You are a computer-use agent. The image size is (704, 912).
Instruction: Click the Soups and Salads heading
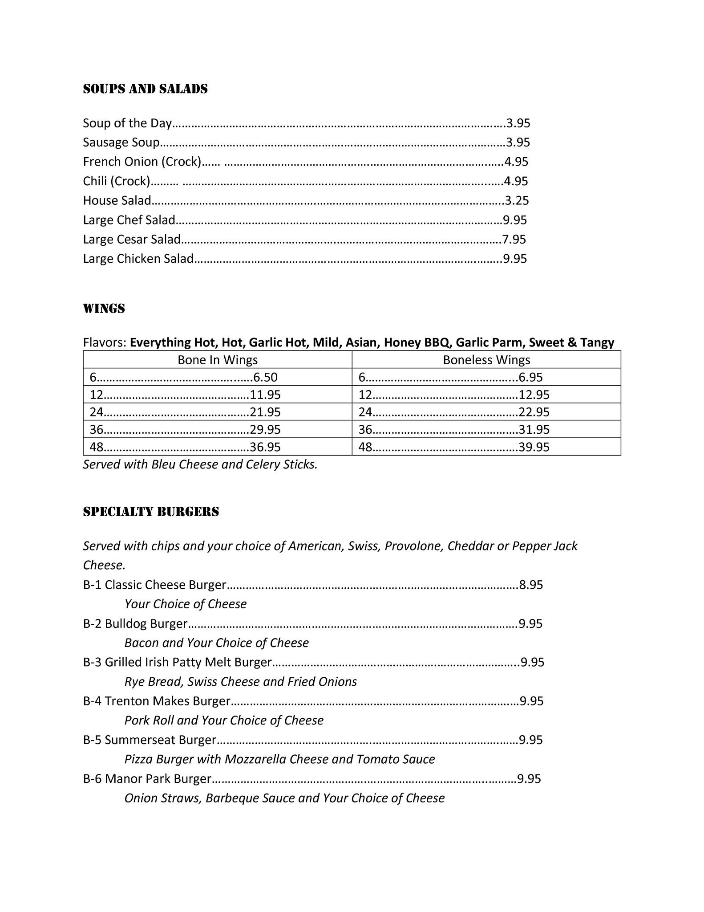pyautogui.click(x=145, y=89)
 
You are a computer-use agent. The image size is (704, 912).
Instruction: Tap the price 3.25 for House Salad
pyautogui.click(x=517, y=201)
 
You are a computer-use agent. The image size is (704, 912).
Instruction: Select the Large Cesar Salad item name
pyautogui.click(x=132, y=240)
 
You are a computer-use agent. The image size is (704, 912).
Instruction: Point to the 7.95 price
pyautogui.click(x=514, y=240)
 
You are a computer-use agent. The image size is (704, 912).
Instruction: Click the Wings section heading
pyautogui.click(x=104, y=309)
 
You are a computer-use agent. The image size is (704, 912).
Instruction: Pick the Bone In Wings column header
pyautogui.click(x=218, y=360)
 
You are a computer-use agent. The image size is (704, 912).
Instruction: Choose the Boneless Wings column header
pyautogui.click(x=486, y=360)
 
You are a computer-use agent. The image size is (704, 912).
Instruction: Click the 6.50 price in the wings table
pyautogui.click(x=265, y=378)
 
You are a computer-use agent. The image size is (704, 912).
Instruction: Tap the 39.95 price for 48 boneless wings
pyautogui.click(x=534, y=447)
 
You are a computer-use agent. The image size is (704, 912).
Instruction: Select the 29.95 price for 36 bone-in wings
pyautogui.click(x=265, y=430)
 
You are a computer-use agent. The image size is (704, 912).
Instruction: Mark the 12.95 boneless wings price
pyautogui.click(x=534, y=395)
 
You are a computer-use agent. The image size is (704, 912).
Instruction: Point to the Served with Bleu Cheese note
pyautogui.click(x=200, y=464)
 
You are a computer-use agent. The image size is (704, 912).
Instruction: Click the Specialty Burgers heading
pyautogui.click(x=151, y=512)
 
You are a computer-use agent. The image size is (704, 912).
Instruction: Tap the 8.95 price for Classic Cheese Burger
pyautogui.click(x=531, y=585)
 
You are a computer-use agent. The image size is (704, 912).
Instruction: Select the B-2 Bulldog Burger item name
pyautogui.click(x=135, y=623)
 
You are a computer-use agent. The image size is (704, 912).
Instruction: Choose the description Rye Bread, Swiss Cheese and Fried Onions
pyautogui.click(x=241, y=682)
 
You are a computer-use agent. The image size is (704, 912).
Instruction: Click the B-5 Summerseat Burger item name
pyautogui.click(x=150, y=740)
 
